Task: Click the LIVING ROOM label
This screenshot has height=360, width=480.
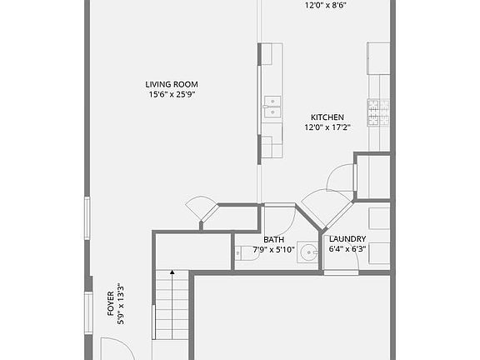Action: click(x=172, y=84)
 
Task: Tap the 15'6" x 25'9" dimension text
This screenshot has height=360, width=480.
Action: click(x=172, y=95)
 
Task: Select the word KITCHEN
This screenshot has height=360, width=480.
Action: click(x=327, y=117)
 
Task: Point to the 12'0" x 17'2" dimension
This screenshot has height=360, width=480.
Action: click(x=327, y=128)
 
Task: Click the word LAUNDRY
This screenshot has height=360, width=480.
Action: click(x=347, y=239)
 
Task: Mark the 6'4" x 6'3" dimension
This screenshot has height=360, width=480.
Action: click(x=347, y=249)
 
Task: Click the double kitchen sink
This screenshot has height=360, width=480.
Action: click(x=272, y=103)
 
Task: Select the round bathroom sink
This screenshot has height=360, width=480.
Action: click(x=308, y=252)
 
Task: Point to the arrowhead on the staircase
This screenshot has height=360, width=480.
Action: click(x=172, y=272)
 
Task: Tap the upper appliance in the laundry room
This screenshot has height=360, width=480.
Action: click(x=379, y=218)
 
